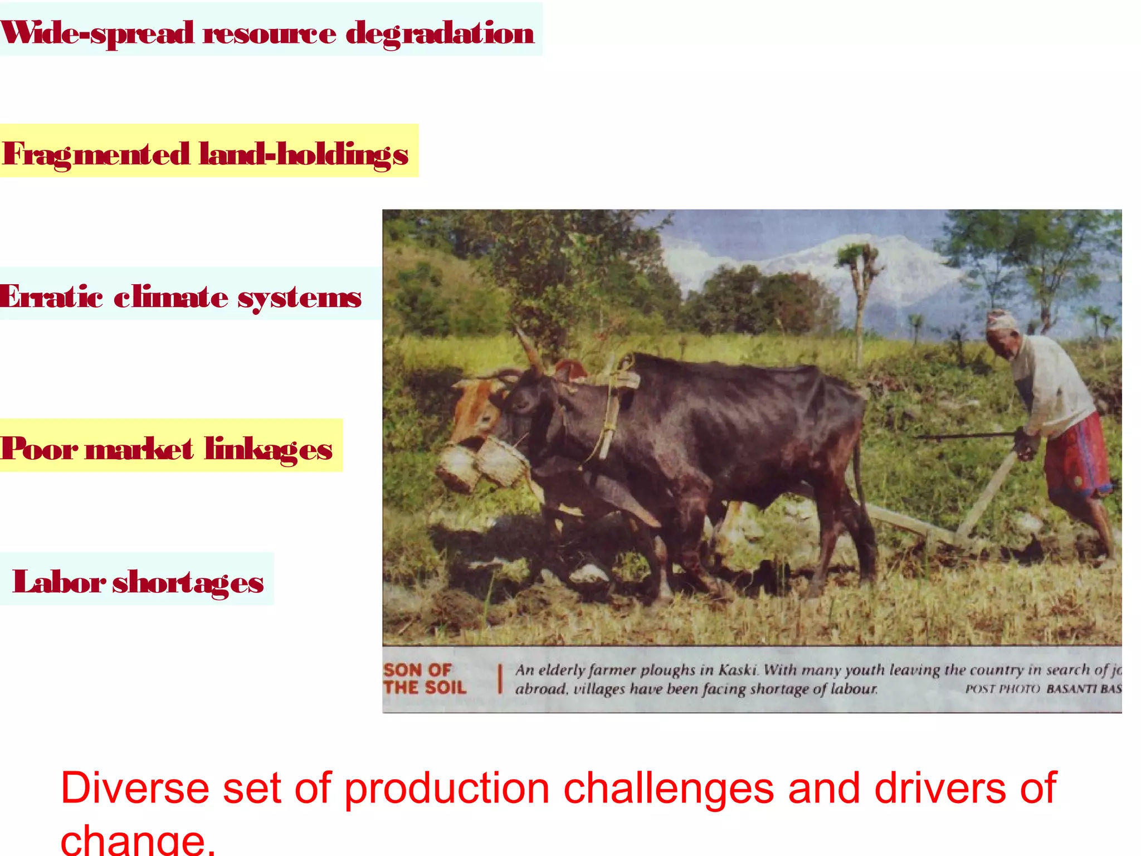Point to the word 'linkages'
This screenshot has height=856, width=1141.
point(268,449)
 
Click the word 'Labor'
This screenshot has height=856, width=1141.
point(58,582)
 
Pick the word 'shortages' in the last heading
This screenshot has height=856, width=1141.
point(188,583)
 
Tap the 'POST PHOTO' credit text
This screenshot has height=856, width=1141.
point(1002,689)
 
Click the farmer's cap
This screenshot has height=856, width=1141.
point(1002,320)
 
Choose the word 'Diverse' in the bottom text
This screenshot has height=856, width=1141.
point(134,788)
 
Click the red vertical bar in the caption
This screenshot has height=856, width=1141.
point(500,678)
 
